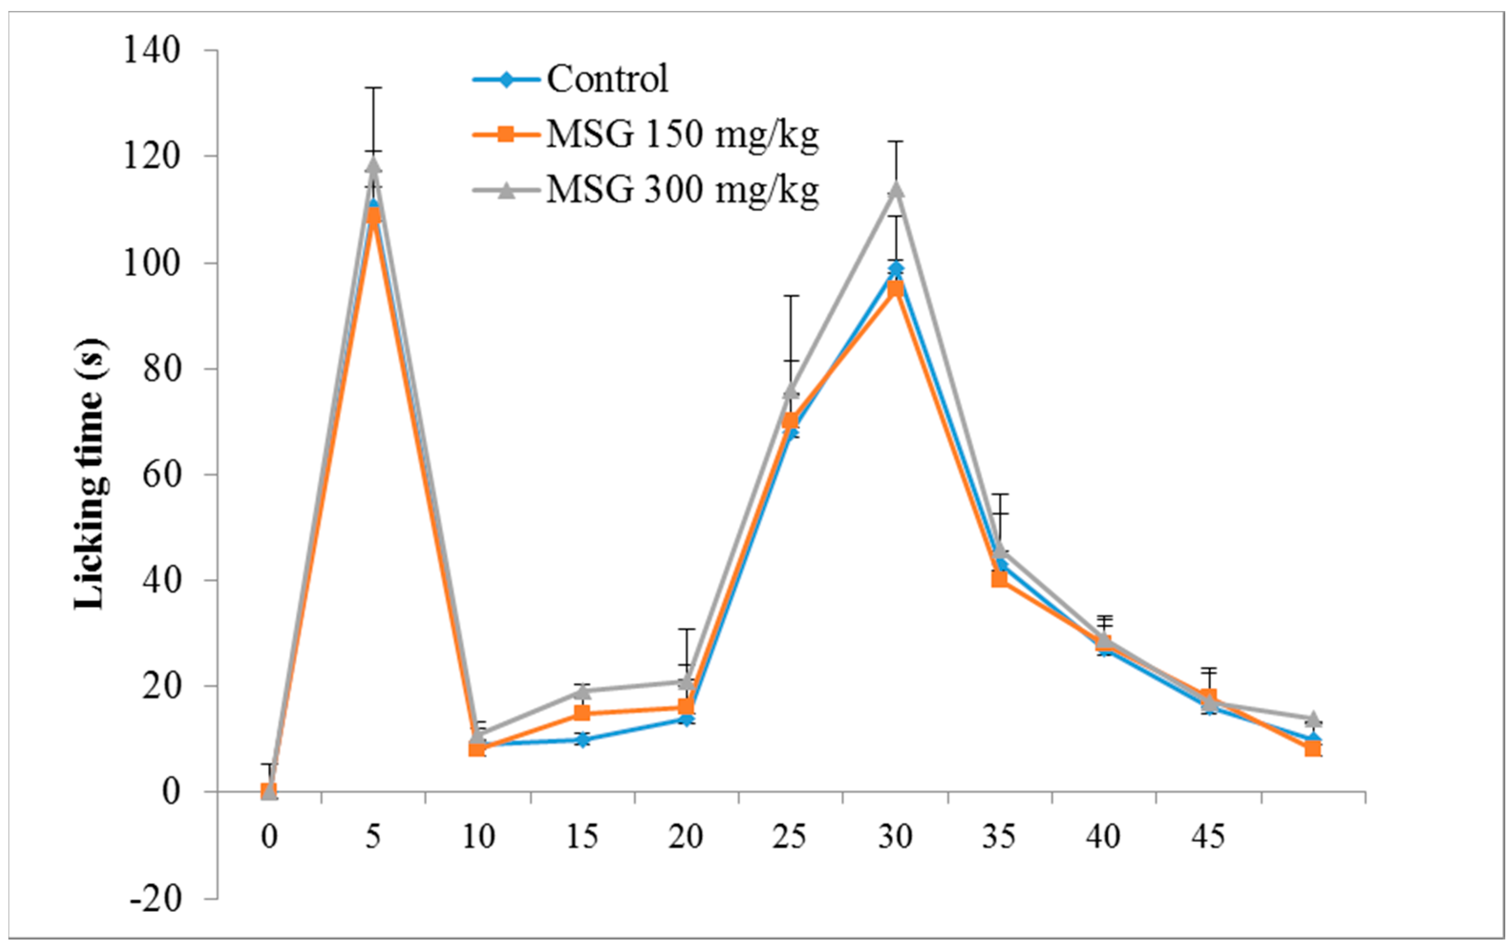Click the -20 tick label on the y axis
(x=155, y=898)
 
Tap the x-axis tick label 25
(x=789, y=836)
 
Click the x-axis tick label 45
(x=1207, y=836)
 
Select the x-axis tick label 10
(x=478, y=836)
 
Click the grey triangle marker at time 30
(x=895, y=190)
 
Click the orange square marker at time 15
(x=582, y=713)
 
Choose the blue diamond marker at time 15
(x=582, y=740)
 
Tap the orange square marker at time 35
(x=1000, y=580)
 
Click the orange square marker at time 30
(x=895, y=289)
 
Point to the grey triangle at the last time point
(x=1312, y=718)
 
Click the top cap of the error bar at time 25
(x=791, y=296)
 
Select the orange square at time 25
(x=791, y=421)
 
